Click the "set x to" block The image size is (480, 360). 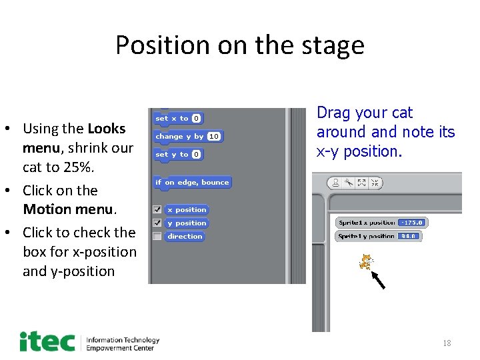point(177,119)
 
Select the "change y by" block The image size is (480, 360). point(188,137)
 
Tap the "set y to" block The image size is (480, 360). point(177,155)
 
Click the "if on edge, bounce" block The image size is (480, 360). point(192,183)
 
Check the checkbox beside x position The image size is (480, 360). point(157,210)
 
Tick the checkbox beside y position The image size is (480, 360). point(157,223)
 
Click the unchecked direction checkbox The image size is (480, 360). point(157,236)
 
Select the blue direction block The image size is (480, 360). point(185,236)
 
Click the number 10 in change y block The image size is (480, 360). point(214,136)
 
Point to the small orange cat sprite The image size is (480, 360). point(366,261)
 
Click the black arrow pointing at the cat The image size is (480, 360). point(378,280)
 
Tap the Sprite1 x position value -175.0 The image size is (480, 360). point(412,223)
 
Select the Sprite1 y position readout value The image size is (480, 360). point(409,236)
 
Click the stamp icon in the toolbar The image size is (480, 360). point(335,183)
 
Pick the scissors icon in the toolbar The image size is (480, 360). point(349,183)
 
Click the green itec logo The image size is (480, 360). point(47,341)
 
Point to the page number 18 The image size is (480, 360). point(447,343)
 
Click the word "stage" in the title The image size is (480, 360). point(333,46)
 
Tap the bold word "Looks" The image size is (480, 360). point(107,129)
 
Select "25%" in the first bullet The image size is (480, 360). point(79,167)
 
